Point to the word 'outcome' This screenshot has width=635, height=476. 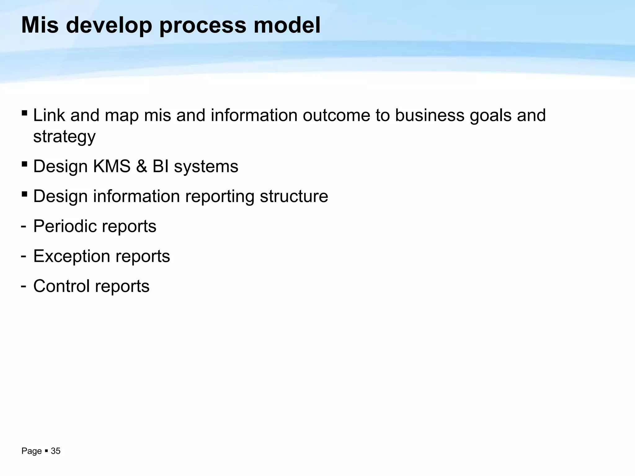[336, 115]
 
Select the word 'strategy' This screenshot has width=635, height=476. [64, 137]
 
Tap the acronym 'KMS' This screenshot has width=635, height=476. [112, 166]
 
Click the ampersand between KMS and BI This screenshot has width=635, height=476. [141, 166]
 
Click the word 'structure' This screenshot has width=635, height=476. [294, 196]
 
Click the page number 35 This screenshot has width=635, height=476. [56, 451]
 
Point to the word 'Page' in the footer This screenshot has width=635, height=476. [31, 451]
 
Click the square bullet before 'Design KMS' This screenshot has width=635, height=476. [24, 164]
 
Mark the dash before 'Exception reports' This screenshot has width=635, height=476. [23, 256]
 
